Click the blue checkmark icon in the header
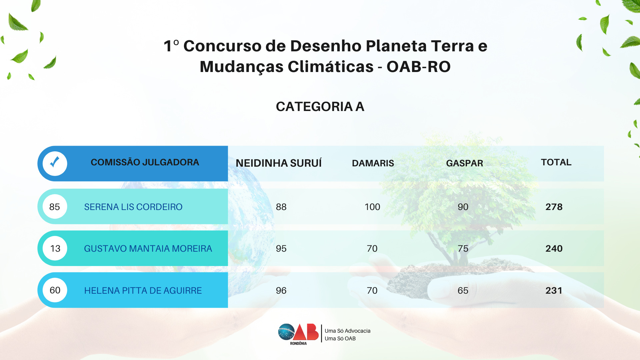(55, 162)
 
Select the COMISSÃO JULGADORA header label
(145, 162)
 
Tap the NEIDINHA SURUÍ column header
(279, 163)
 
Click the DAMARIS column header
(373, 163)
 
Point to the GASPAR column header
(465, 163)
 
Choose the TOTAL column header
(556, 162)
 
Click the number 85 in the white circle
(55, 207)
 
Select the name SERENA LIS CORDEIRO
(133, 207)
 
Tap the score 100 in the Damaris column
(372, 207)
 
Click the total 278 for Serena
(554, 207)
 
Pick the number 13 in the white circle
(55, 249)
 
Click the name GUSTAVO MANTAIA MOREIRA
(148, 249)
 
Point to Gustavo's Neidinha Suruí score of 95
(281, 249)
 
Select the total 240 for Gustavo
(554, 249)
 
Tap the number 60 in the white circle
(55, 290)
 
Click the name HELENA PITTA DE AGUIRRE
(143, 291)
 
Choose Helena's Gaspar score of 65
(463, 291)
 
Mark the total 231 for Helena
(554, 291)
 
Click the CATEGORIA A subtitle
(320, 107)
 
